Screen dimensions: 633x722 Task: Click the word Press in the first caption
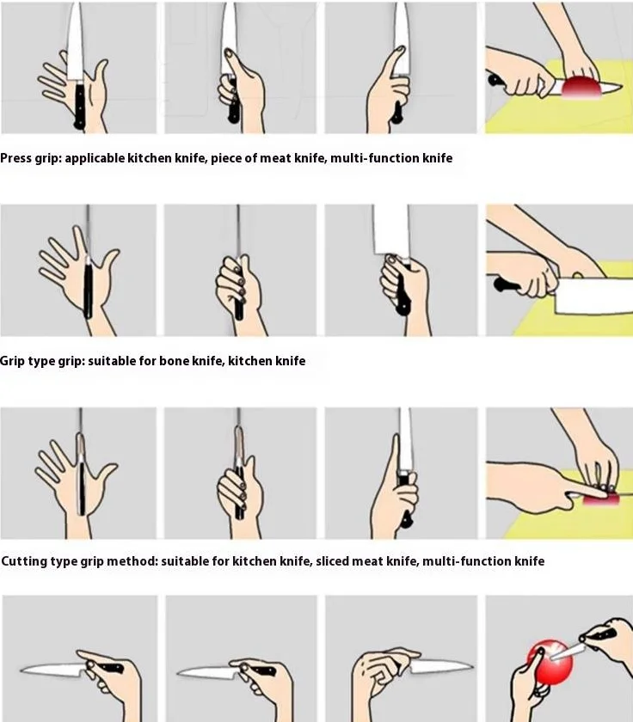(15, 158)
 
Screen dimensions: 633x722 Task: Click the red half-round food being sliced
(581, 87)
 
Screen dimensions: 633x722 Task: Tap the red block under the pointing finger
(601, 499)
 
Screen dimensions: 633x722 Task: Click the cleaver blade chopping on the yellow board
(595, 295)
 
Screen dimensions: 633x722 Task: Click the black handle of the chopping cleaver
(507, 285)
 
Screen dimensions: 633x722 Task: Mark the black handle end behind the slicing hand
(495, 81)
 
